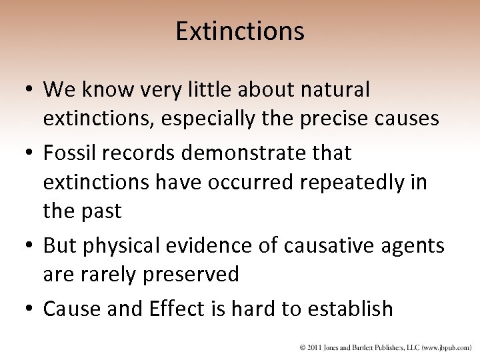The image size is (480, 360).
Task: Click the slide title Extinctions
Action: coord(240,31)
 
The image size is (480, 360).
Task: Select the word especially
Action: coord(213,119)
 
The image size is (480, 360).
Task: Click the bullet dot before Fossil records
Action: coord(30,154)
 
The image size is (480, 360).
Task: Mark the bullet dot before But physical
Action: coord(30,247)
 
